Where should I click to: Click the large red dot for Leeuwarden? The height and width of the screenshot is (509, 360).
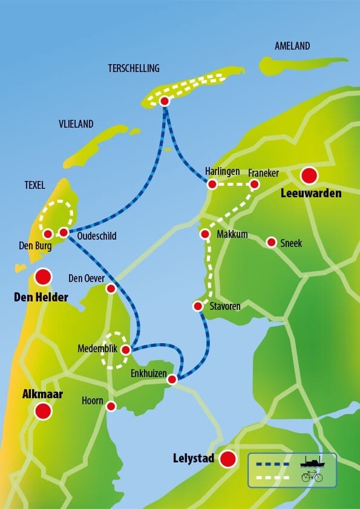(309, 176)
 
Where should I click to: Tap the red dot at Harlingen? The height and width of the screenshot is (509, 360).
(212, 184)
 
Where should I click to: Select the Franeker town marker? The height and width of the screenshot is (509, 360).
(254, 184)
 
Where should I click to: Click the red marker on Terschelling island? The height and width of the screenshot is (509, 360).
(164, 102)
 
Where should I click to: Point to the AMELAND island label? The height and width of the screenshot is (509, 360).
(292, 46)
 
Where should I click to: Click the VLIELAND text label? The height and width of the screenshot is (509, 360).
(76, 124)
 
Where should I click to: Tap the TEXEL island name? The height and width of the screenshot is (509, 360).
(31, 186)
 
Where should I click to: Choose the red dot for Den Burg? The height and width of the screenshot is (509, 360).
(48, 234)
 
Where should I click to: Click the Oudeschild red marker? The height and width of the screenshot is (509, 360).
(64, 232)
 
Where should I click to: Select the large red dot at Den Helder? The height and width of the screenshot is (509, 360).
(43, 277)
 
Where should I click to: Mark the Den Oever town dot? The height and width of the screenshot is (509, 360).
(111, 289)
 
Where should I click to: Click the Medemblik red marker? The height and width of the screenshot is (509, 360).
(126, 350)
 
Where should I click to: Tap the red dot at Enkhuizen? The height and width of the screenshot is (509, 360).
(172, 379)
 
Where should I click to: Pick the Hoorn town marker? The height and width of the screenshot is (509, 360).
(111, 406)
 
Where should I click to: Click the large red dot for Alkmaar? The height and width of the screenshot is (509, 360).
(43, 412)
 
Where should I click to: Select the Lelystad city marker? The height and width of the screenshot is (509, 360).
(227, 459)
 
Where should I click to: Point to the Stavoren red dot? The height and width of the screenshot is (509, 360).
(197, 306)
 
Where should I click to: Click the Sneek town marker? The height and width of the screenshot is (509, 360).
(272, 242)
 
